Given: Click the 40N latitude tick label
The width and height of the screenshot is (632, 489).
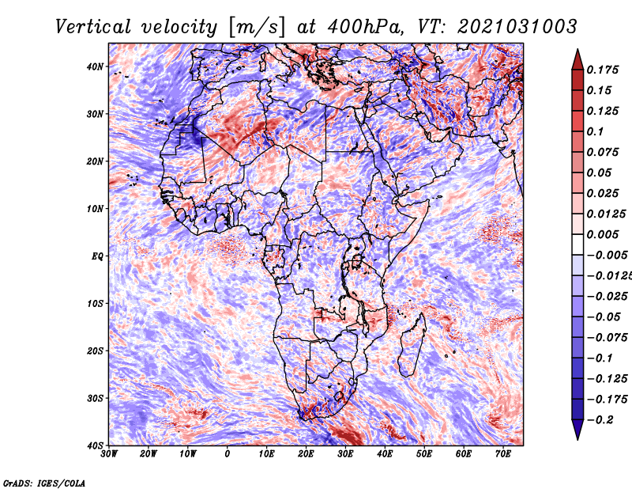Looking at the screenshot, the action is click(x=95, y=66).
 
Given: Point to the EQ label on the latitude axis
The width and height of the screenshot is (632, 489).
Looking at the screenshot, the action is click(x=97, y=256).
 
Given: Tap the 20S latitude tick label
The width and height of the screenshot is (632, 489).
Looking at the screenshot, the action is click(x=95, y=351).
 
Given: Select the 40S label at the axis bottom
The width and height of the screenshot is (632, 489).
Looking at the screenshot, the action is click(x=95, y=445).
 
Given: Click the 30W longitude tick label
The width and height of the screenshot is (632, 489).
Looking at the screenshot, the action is click(x=109, y=454).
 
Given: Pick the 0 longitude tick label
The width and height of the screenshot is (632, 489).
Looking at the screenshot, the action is click(x=228, y=454).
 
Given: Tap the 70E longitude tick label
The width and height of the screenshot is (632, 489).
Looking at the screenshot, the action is click(x=502, y=454).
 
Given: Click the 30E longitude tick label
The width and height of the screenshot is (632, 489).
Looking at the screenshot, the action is click(x=345, y=454).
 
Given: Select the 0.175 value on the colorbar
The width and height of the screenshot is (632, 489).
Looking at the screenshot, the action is click(x=603, y=70).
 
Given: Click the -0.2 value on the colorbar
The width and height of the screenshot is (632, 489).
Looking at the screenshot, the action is click(x=600, y=420).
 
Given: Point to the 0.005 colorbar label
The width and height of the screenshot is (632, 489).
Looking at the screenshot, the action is click(x=603, y=234).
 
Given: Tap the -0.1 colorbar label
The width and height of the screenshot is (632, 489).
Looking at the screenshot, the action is click(x=600, y=358).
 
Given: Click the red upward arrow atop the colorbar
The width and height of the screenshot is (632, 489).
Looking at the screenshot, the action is click(x=577, y=60).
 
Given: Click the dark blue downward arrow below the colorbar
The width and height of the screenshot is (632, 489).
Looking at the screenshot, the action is click(x=577, y=429).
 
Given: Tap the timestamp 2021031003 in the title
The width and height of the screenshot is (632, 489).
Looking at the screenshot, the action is click(x=517, y=27).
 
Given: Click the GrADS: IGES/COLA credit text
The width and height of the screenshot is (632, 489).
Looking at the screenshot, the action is click(x=44, y=483).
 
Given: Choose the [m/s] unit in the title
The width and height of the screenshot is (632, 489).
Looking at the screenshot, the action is click(x=257, y=28).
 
